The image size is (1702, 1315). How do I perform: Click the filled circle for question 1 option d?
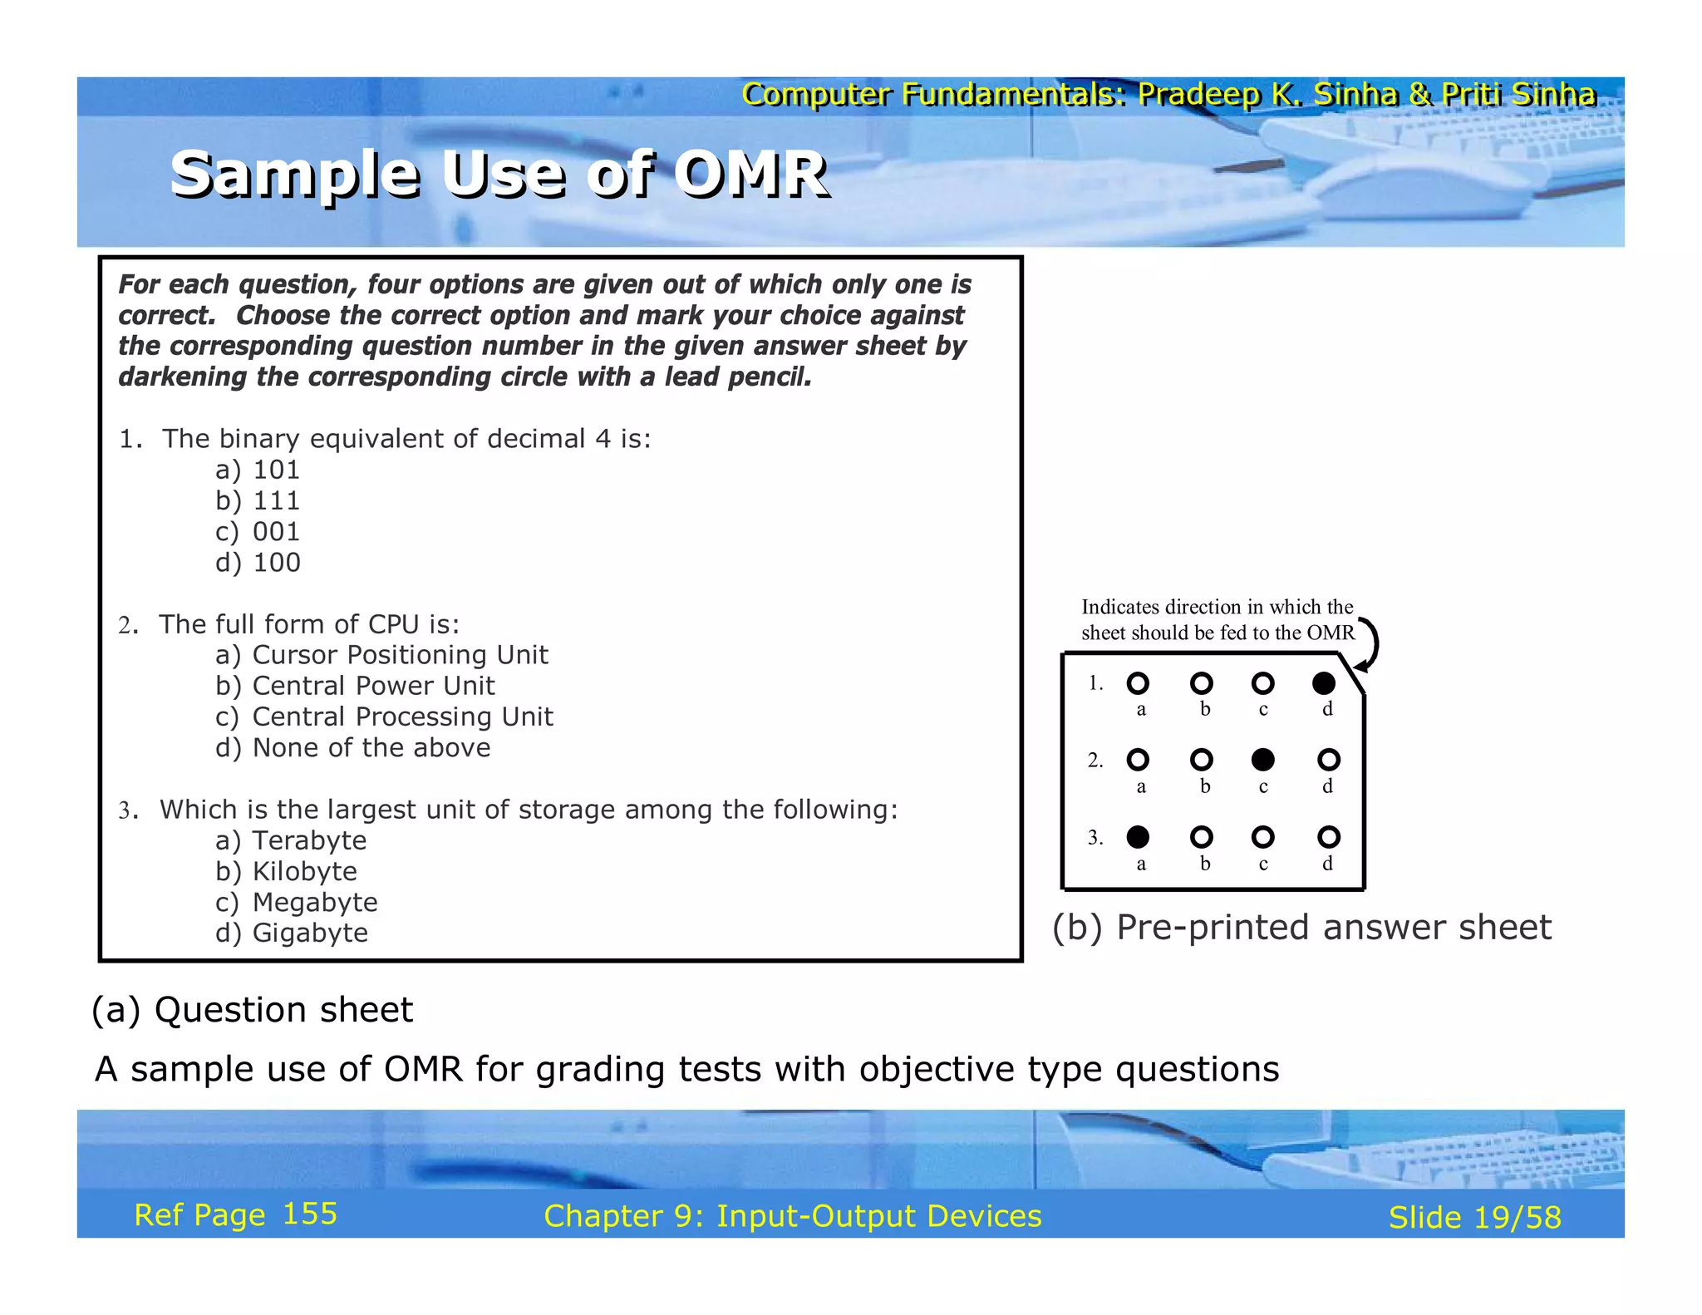(1323, 683)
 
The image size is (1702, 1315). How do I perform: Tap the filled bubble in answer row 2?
(1262, 760)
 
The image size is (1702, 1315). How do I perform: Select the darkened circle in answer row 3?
(1138, 836)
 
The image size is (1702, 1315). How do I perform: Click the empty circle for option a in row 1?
(1138, 683)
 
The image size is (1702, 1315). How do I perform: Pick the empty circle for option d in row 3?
(1328, 836)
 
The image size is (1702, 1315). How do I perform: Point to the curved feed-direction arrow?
(1370, 645)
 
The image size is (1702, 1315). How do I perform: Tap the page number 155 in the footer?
(309, 1214)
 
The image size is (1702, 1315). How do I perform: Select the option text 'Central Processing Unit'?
(402, 717)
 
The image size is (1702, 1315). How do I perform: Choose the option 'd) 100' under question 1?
(258, 563)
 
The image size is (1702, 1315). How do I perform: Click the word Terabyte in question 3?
(309, 840)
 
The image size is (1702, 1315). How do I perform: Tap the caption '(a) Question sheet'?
(252, 1010)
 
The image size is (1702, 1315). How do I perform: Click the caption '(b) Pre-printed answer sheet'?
(1301, 927)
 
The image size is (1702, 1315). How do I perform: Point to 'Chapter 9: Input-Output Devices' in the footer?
(792, 1216)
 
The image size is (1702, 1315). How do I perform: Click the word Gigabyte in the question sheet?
(310, 933)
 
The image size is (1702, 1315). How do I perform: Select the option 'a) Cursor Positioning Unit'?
(381, 655)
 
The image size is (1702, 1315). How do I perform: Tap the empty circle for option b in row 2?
(1201, 760)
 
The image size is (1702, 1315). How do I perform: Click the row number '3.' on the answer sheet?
(1095, 837)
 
